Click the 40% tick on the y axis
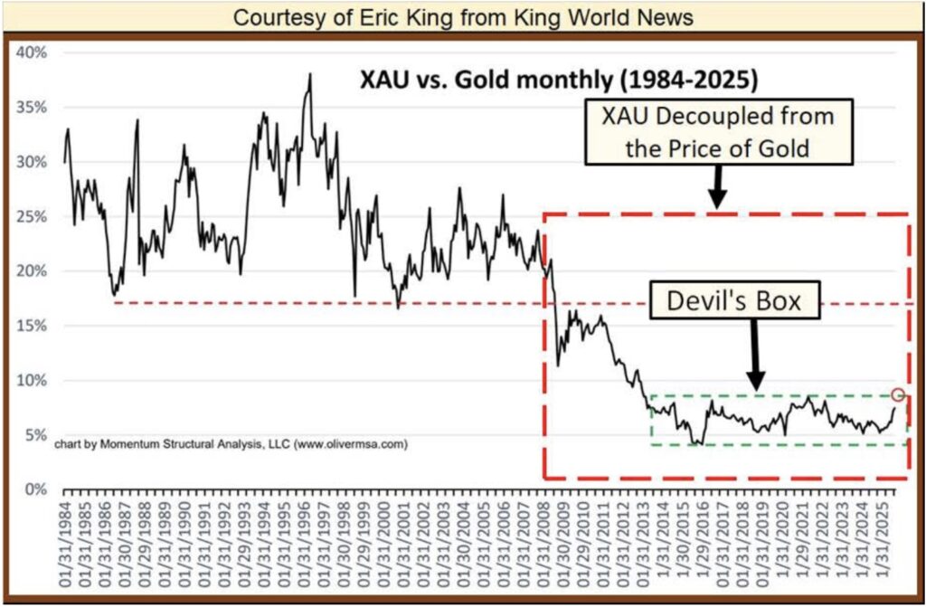(x=33, y=52)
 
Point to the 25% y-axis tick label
(x=33, y=216)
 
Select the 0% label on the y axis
(x=36, y=489)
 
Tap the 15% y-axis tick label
(x=33, y=326)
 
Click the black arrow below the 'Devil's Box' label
(x=757, y=358)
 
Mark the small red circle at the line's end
(x=897, y=394)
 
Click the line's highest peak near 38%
(x=310, y=75)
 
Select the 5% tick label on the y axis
(x=36, y=435)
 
